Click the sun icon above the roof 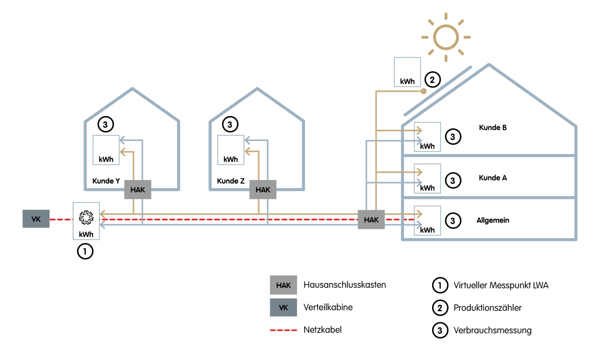[446, 37]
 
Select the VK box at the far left [36, 219]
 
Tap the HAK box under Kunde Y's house [138, 190]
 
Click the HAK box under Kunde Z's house [262, 190]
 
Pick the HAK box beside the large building [371, 220]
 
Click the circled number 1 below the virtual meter [85, 252]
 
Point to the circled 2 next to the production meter [432, 79]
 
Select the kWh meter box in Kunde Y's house [106, 150]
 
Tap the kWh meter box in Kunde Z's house [231, 150]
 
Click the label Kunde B [493, 128]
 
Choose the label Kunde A [493, 178]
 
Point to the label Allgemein [493, 220]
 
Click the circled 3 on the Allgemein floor [453, 220]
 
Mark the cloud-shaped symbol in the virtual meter [86, 216]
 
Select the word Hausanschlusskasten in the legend [344, 285]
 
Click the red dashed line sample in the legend [283, 330]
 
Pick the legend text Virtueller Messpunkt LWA [501, 285]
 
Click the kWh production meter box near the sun [407, 72]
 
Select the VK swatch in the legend [283, 308]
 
